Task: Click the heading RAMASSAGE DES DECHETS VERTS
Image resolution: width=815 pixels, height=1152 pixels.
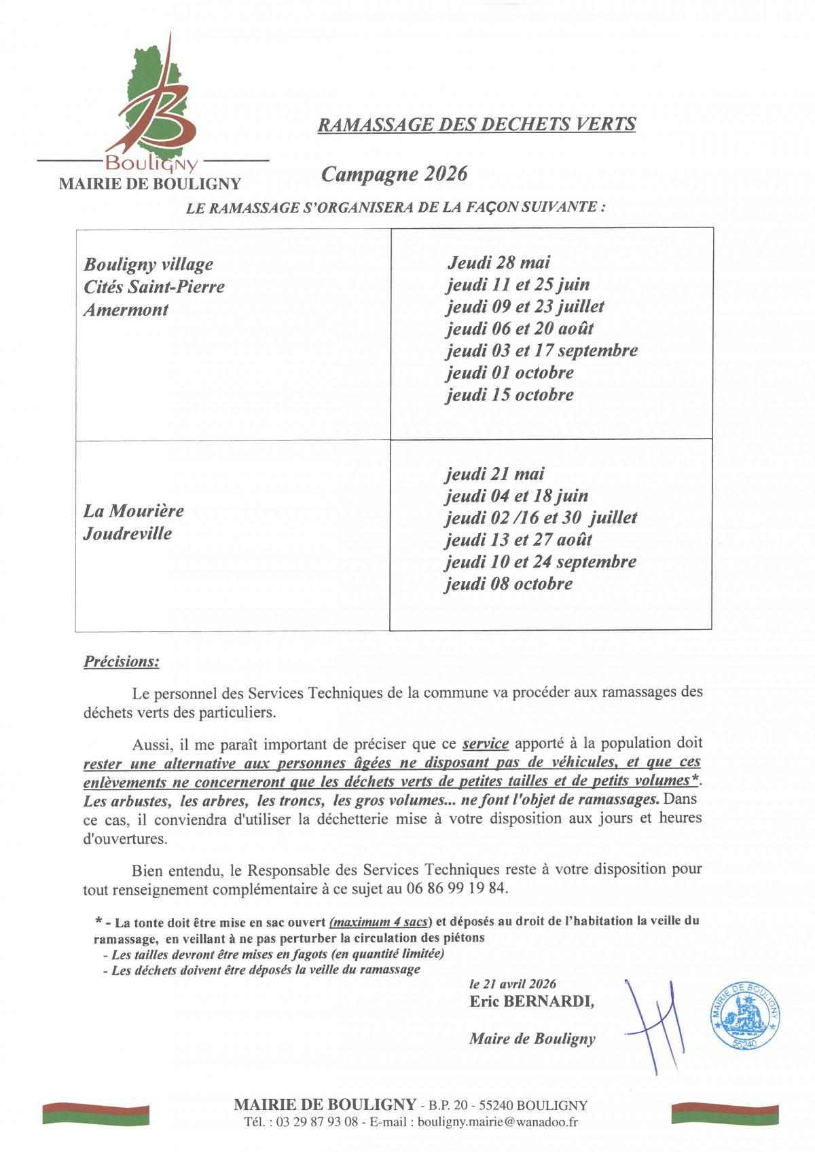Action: coord(477,124)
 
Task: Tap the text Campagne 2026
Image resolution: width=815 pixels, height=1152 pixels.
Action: coord(394,174)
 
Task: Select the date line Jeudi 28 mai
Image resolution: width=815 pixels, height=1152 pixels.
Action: coord(499,263)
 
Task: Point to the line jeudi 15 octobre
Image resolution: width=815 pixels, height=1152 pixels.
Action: coord(509,395)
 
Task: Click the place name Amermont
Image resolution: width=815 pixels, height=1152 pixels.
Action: coord(126,310)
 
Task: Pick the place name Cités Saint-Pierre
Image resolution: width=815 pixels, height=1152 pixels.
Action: coord(154,287)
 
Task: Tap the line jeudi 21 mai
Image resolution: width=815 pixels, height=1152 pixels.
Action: coord(495,474)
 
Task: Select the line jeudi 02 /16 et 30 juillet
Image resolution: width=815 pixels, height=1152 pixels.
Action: coord(541,518)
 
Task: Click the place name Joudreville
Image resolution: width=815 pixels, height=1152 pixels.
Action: coord(128,534)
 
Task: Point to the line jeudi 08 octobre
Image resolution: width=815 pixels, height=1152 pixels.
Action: coord(509,584)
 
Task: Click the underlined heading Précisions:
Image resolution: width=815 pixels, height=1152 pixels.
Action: coord(122,661)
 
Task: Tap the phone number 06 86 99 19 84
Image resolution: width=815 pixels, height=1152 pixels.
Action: coord(456,888)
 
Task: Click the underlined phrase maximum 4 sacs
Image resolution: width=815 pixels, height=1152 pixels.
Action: coord(379,922)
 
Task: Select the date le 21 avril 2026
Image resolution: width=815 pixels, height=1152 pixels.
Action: coord(513,984)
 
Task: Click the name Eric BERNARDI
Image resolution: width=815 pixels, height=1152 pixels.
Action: coord(531,1001)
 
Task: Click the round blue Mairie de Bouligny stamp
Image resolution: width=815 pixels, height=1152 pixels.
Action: coord(744,1016)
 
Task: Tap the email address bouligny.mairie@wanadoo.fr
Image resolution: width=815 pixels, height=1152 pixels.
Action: coord(498,1122)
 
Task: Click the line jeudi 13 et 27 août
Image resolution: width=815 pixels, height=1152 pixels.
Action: coord(519,540)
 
